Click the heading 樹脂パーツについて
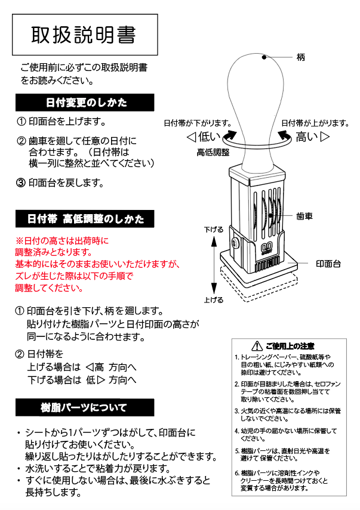tap(84, 408)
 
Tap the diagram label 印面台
tap(328, 263)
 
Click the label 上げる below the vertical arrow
tap(213, 300)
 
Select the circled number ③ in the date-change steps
tap(20, 183)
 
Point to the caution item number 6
tap(237, 473)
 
